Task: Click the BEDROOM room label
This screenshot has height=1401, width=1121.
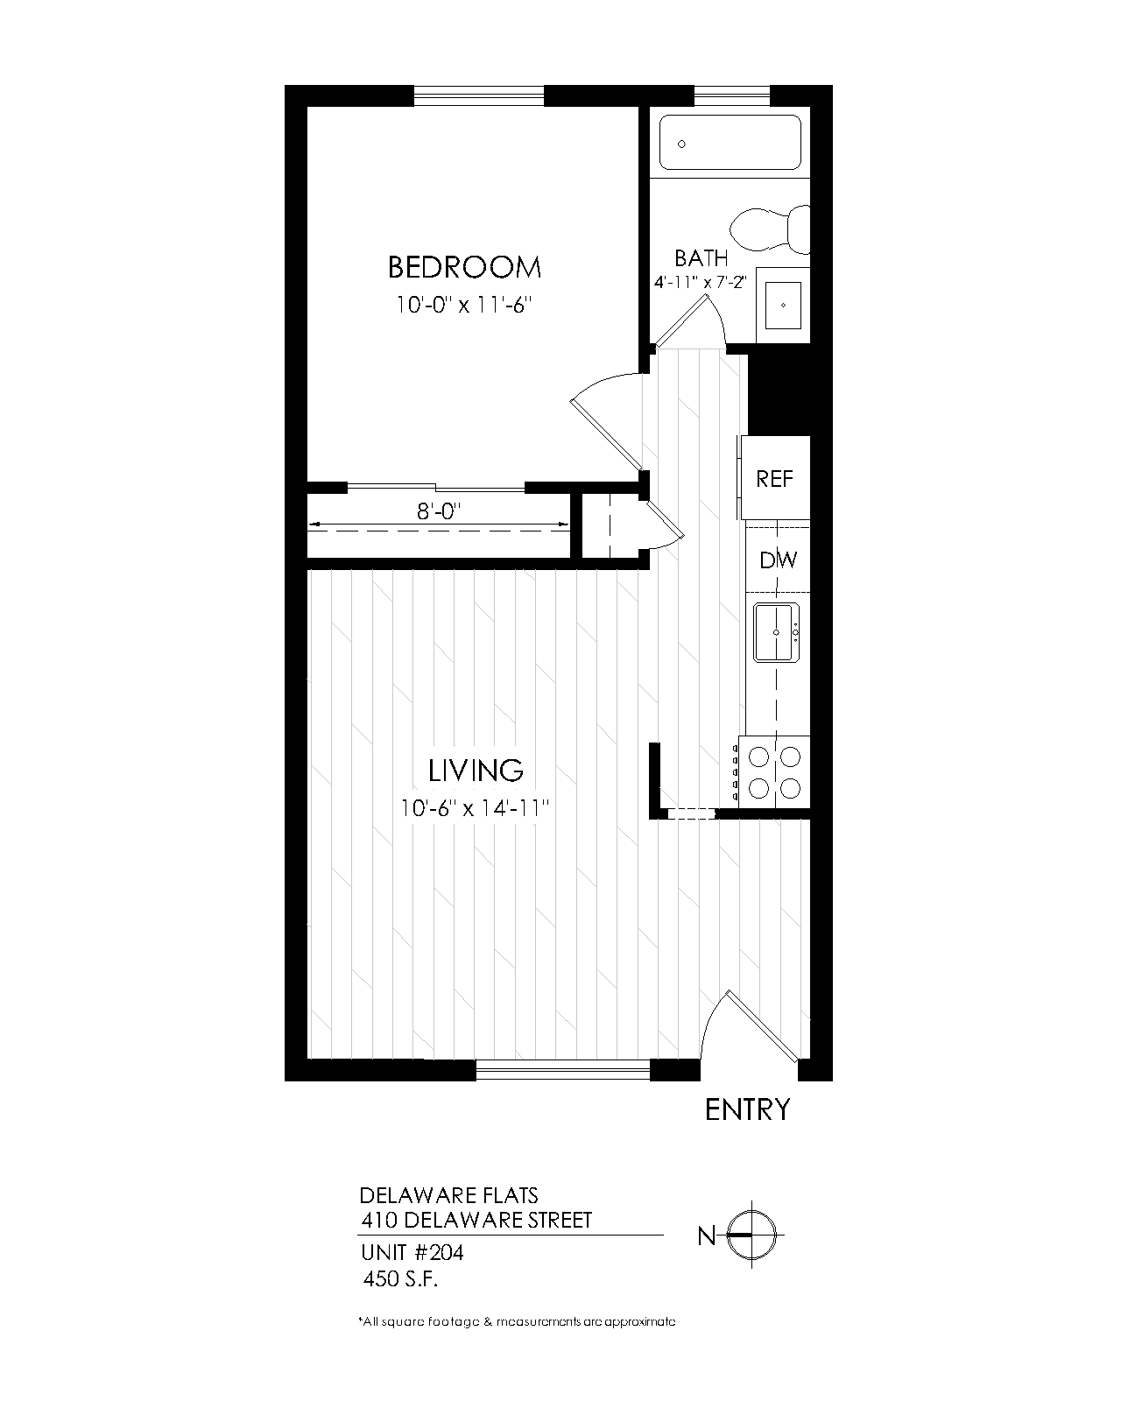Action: click(x=464, y=266)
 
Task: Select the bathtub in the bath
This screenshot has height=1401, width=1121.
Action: click(x=730, y=142)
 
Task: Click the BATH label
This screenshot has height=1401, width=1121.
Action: click(x=701, y=258)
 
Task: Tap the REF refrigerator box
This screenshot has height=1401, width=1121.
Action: click(x=774, y=479)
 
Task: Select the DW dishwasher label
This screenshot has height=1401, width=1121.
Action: click(x=778, y=560)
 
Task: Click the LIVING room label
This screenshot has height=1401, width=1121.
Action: click(x=476, y=771)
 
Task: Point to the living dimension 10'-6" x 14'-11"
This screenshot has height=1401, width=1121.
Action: click(x=475, y=808)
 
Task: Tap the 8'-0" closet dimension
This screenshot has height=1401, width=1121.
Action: click(x=438, y=510)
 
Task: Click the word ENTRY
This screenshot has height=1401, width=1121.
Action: click(x=747, y=1110)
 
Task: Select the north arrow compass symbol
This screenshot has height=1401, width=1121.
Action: click(x=752, y=1236)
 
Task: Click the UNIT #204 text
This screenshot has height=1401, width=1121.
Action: click(x=412, y=1253)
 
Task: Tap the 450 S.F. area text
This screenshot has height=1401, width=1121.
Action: click(x=400, y=1279)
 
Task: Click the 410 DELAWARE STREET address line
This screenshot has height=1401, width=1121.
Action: click(x=476, y=1219)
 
